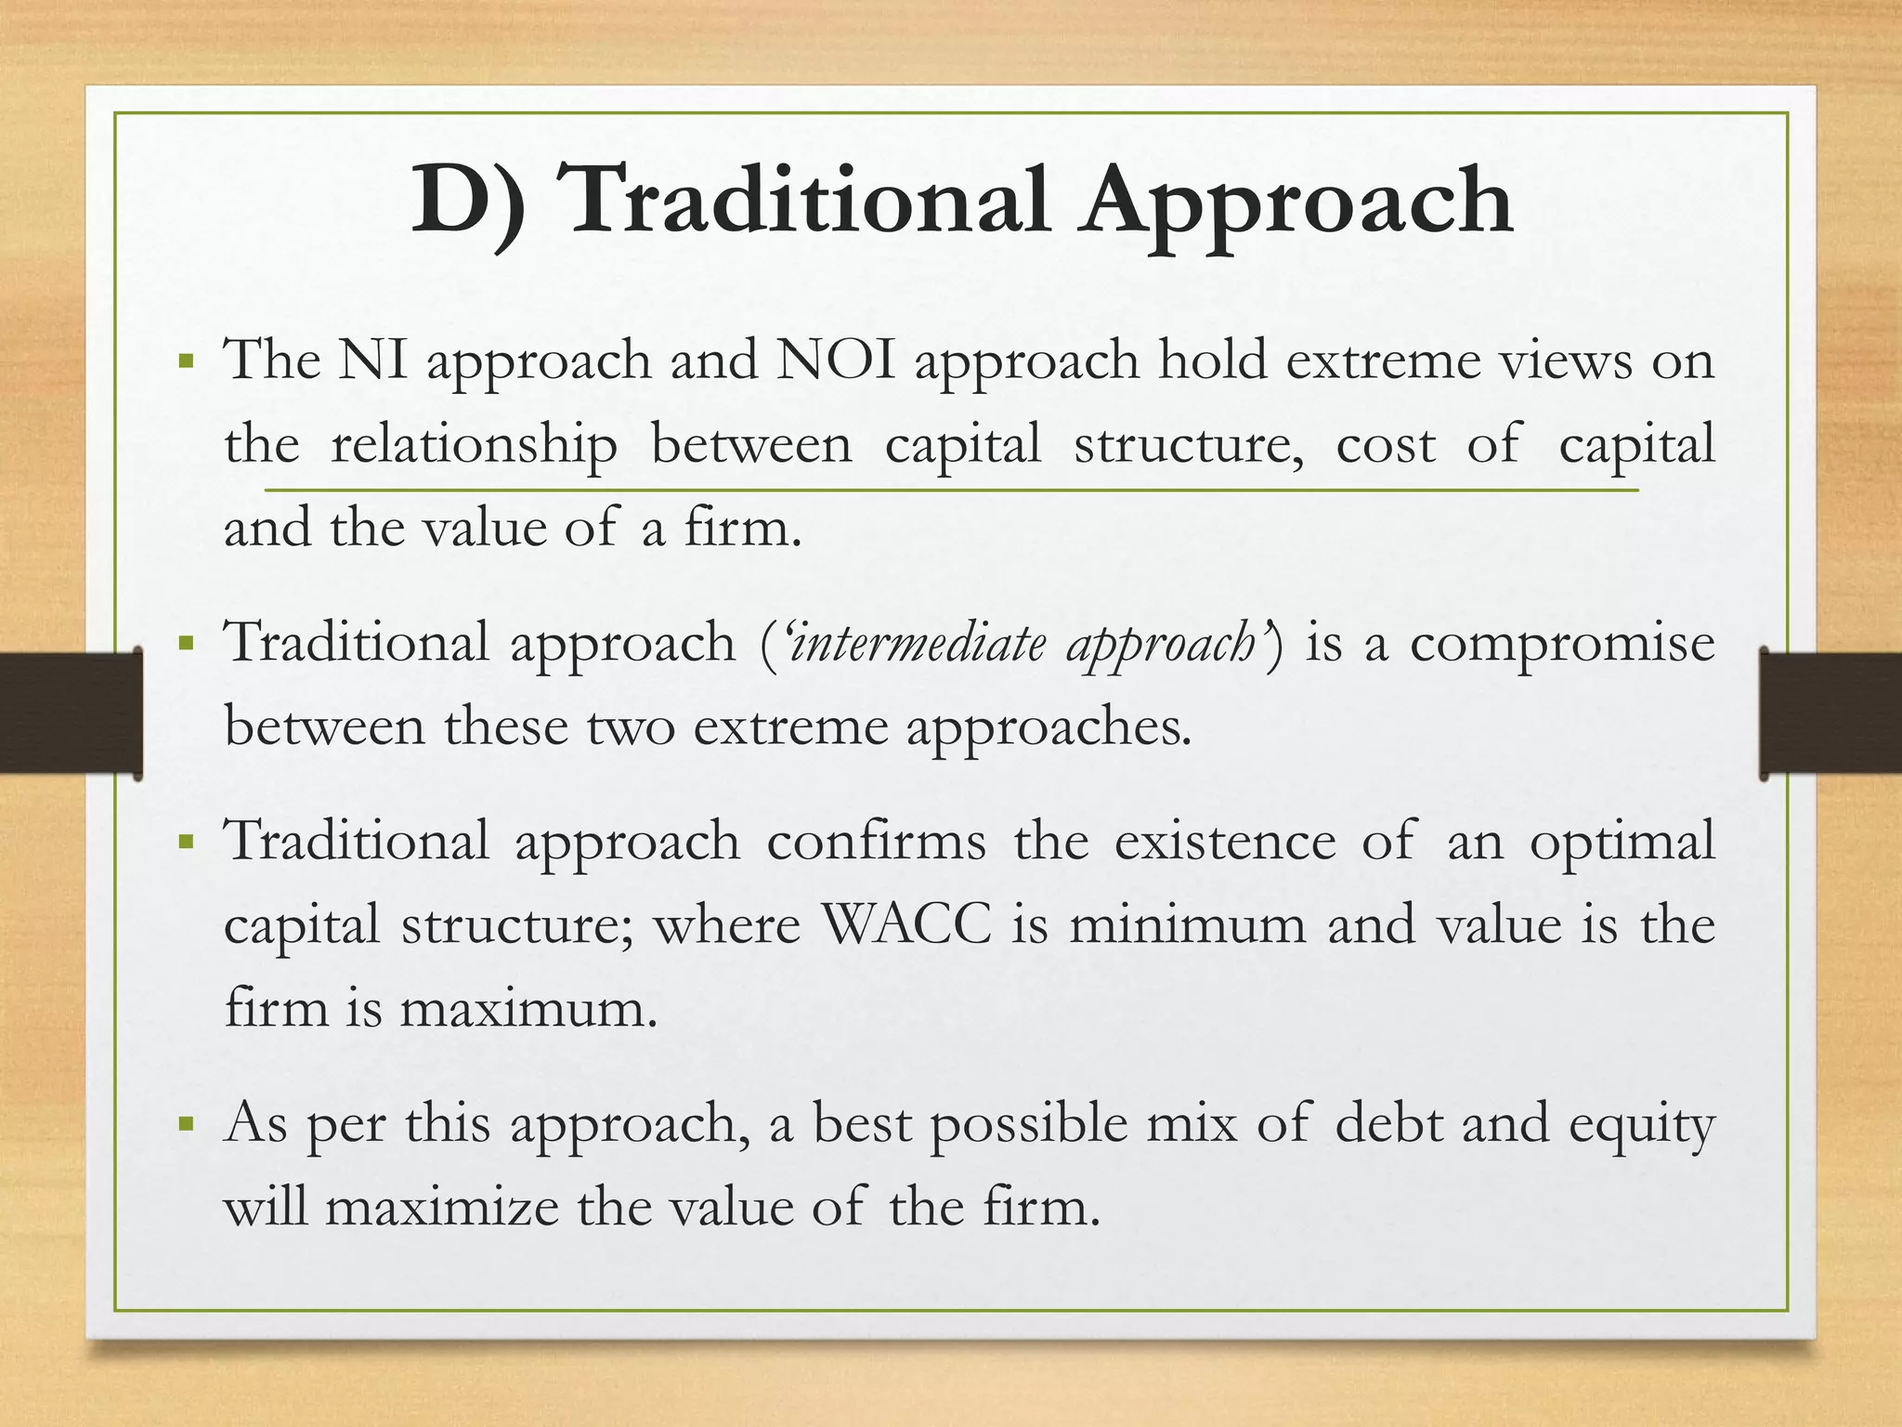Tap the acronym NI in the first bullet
[x=371, y=360]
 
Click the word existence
[x=1225, y=842]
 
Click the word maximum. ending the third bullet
[x=528, y=1009]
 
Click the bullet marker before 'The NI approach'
[x=188, y=360]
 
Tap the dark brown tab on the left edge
[x=71, y=713]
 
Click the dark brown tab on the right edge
[x=1830, y=713]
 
